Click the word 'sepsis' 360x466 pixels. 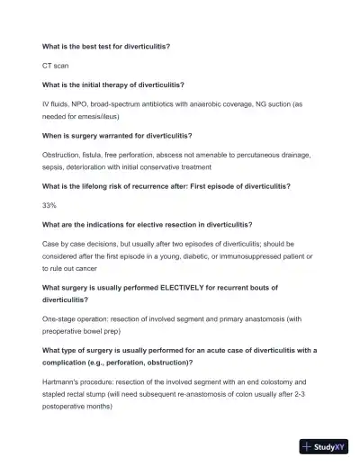(x=56, y=166)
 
